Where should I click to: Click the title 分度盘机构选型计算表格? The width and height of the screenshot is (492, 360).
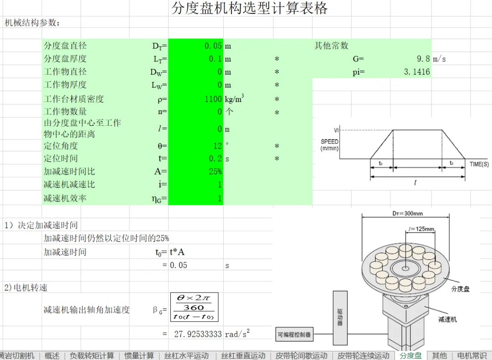[x=249, y=9]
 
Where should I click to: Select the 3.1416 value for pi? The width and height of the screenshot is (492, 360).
[x=416, y=72]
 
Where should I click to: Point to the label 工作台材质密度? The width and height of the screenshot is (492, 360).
[x=74, y=99]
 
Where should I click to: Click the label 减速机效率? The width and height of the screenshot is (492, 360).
[x=65, y=198]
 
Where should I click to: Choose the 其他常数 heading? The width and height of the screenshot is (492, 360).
[x=331, y=46]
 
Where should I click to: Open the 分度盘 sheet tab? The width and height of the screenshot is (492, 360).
[x=410, y=355]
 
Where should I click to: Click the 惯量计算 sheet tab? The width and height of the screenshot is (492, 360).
[x=139, y=355]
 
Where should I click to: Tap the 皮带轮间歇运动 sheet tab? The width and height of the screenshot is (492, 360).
[x=302, y=355]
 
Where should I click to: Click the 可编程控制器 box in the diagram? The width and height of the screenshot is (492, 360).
[x=295, y=334]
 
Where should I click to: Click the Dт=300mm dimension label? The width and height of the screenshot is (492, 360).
[x=407, y=213]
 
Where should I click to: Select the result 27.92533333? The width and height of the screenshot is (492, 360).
[x=198, y=334]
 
